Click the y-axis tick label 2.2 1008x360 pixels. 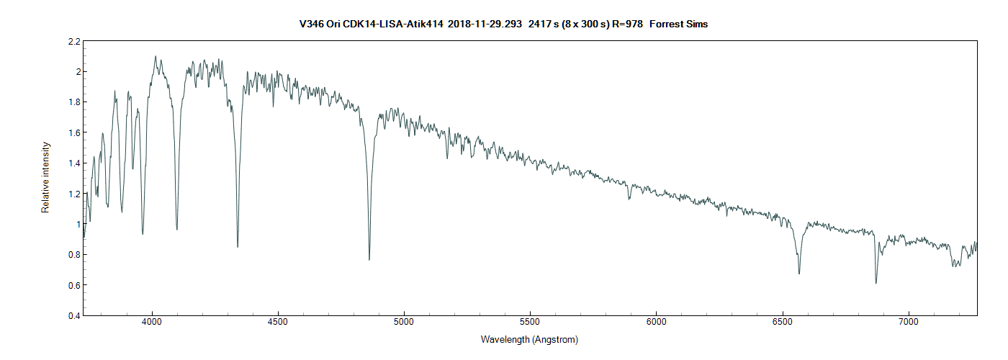pyautogui.click(x=73, y=42)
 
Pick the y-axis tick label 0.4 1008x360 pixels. pyautogui.click(x=73, y=315)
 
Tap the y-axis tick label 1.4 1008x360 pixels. pyautogui.click(x=73, y=163)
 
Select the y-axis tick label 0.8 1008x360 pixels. pyautogui.click(x=73, y=255)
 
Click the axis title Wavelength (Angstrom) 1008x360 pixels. pyautogui.click(x=529, y=339)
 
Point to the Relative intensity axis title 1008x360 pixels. pyautogui.click(x=45, y=177)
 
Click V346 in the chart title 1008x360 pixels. pyautogui.click(x=312, y=24)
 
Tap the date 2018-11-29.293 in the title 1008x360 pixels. pyautogui.click(x=485, y=24)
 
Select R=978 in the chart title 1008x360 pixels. pyautogui.click(x=626, y=24)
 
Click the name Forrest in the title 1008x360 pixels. pyautogui.click(x=667, y=24)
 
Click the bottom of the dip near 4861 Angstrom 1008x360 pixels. pyautogui.click(x=369, y=259)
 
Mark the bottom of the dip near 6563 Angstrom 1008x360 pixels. pyautogui.click(x=799, y=274)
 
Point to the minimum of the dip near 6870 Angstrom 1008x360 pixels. pyautogui.click(x=876, y=283)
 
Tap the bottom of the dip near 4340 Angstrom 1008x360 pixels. pyautogui.click(x=238, y=247)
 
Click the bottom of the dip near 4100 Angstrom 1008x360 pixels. pyautogui.click(x=177, y=230)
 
